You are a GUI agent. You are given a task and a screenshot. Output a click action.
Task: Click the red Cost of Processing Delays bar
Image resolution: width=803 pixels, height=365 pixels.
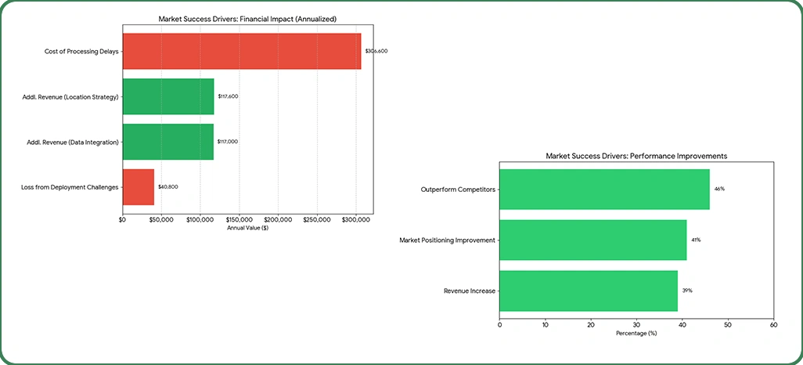click(x=241, y=51)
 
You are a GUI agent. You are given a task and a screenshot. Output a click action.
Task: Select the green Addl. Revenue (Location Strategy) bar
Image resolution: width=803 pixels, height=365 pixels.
click(x=167, y=96)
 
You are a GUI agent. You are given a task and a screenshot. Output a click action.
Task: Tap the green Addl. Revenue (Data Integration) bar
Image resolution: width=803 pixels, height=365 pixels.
click(x=167, y=142)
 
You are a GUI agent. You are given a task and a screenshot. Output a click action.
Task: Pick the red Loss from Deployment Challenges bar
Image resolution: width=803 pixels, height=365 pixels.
click(x=138, y=187)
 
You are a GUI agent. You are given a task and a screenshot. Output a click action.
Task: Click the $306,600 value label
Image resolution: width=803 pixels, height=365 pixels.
click(x=376, y=51)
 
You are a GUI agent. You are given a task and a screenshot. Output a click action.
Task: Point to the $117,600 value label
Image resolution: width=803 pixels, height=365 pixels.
click(x=228, y=96)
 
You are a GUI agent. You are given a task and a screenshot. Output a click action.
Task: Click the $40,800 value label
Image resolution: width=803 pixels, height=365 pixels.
click(x=168, y=187)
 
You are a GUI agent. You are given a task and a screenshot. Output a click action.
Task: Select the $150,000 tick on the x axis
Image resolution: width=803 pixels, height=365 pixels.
click(x=239, y=220)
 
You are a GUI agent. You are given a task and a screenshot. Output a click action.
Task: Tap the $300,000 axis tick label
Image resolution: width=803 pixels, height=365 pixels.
click(x=355, y=220)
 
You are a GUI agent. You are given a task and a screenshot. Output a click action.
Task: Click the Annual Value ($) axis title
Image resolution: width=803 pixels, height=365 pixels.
click(x=247, y=228)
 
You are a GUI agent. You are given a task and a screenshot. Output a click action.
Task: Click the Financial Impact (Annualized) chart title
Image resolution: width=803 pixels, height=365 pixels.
click(x=247, y=18)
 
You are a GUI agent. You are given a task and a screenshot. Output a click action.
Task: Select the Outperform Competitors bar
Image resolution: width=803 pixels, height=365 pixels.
click(x=604, y=190)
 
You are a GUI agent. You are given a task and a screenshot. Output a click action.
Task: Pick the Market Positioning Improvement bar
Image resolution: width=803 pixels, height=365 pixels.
click(x=592, y=240)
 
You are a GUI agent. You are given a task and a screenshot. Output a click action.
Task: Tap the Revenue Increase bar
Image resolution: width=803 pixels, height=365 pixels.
click(x=589, y=291)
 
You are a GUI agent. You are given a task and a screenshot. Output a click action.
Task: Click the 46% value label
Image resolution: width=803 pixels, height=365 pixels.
click(x=719, y=190)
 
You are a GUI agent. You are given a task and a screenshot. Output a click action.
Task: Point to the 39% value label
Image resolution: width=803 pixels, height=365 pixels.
click(x=687, y=291)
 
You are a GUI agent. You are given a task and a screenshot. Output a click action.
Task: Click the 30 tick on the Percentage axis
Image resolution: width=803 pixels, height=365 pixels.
click(x=636, y=323)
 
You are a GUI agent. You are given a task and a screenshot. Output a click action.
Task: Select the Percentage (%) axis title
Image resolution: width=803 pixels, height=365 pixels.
click(x=636, y=333)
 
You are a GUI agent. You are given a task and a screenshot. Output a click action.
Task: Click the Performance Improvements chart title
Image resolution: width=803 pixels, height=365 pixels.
click(x=636, y=156)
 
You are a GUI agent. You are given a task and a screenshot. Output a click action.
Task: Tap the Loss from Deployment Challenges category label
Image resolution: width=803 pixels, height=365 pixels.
click(x=70, y=187)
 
